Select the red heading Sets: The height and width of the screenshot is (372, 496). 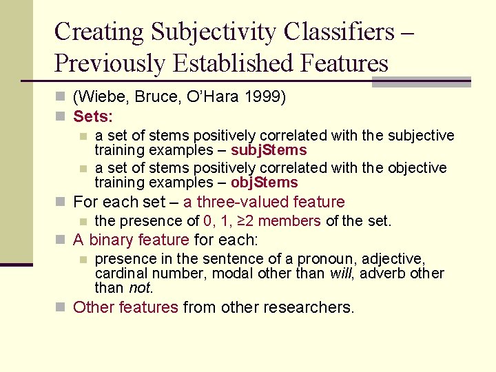click(92, 116)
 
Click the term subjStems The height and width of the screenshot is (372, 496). click(269, 149)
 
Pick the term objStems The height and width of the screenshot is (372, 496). click(265, 183)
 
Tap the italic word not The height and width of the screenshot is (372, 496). click(140, 287)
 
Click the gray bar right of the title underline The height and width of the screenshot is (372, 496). click(420, 82)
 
